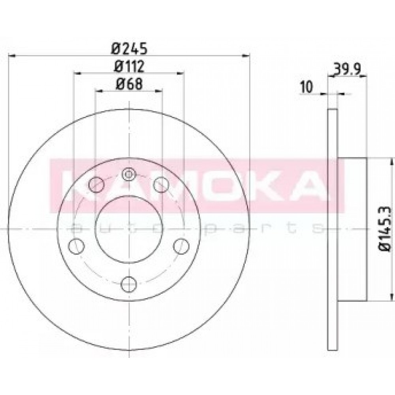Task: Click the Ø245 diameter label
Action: [129, 49]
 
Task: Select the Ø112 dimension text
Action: [129, 66]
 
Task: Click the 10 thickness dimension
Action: [307, 87]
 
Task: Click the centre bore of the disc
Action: [129, 229]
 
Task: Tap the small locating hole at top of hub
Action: [129, 174]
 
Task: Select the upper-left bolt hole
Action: [96, 184]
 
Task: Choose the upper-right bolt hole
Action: [161, 184]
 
